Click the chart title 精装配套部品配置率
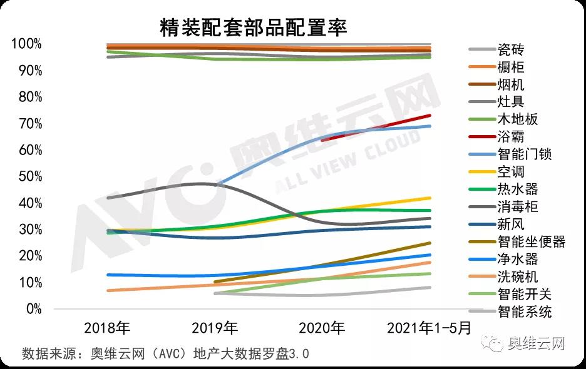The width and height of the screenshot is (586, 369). click(254, 27)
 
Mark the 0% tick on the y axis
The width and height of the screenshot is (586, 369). click(32, 309)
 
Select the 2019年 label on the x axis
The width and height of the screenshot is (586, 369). click(215, 328)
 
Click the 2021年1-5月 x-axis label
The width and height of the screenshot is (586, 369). click(429, 328)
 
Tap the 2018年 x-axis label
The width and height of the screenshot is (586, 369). click(107, 328)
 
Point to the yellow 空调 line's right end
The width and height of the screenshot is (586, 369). click(429, 198)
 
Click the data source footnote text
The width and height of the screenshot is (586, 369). click(165, 353)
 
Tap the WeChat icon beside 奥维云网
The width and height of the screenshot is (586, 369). click(493, 343)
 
